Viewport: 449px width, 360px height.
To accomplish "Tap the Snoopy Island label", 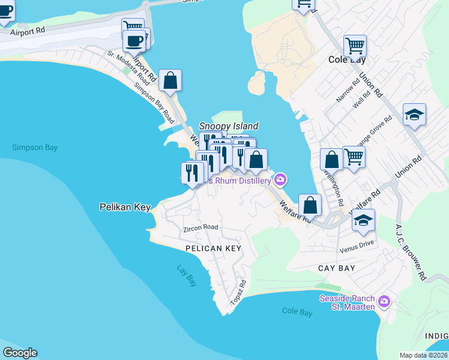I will click(229, 126).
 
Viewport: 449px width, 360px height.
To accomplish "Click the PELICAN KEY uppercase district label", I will click(213, 248).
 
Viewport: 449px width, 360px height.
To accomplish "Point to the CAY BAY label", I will click(337, 268).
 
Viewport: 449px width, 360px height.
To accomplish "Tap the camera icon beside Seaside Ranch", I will click(384, 301).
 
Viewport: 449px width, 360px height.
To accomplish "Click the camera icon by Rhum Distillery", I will click(280, 179).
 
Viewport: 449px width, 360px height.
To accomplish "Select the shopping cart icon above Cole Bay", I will click(355, 46).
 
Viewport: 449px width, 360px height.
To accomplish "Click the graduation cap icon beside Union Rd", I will click(414, 114).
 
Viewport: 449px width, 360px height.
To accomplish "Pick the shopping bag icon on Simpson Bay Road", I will click(170, 80).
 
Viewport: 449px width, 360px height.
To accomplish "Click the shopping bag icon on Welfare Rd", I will click(310, 205).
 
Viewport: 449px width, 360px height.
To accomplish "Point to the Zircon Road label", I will click(200, 228).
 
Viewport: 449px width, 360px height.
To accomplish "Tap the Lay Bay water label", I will click(187, 276).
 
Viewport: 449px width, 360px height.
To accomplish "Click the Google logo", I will click(20, 352).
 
